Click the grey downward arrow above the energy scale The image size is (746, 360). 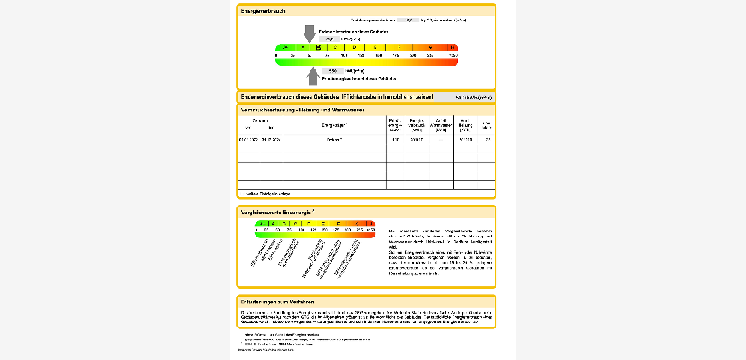point(310,33)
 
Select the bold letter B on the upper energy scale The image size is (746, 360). point(318,48)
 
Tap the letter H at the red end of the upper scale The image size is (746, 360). point(452,48)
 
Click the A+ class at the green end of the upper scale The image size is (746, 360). point(285,48)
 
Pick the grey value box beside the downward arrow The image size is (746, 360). point(330,39)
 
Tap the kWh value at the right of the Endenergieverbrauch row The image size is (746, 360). point(473,97)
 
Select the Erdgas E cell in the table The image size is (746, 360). point(334,139)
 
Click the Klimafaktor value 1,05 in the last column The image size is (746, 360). point(487,139)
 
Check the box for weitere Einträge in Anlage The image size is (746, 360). point(243,194)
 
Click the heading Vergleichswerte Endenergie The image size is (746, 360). point(276,211)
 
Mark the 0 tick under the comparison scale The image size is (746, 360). point(256,231)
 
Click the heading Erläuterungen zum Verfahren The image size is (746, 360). point(277,301)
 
